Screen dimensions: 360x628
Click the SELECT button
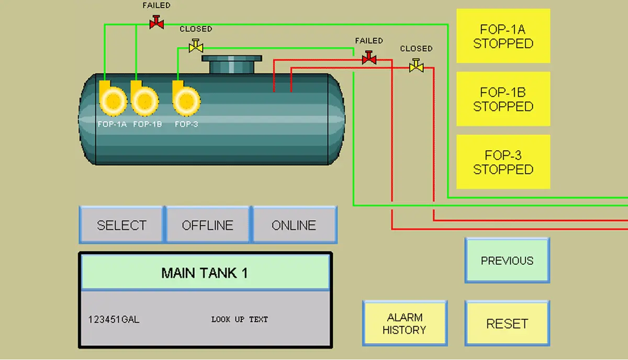(121, 225)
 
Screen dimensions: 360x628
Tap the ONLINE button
(294, 225)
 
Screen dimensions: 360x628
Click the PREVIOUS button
(507, 261)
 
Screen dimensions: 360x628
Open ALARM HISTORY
(405, 323)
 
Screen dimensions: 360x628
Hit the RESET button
(507, 323)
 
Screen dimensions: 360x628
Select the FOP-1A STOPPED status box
(503, 36)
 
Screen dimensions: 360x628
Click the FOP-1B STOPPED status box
(503, 99)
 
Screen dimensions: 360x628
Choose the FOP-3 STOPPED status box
(503, 162)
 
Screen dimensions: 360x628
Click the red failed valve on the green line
(156, 22)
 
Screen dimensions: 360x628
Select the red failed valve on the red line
(369, 58)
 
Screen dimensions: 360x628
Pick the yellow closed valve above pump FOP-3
(196, 47)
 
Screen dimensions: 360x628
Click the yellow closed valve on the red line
(417, 66)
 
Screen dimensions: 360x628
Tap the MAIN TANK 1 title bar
(205, 273)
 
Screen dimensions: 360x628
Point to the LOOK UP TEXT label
(239, 319)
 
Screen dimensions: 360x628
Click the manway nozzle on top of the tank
(231, 64)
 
